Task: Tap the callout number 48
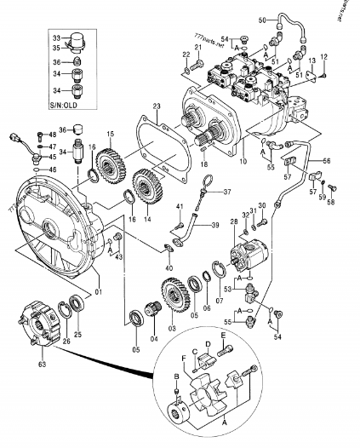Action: (53, 135)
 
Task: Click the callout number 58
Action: (332, 201)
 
